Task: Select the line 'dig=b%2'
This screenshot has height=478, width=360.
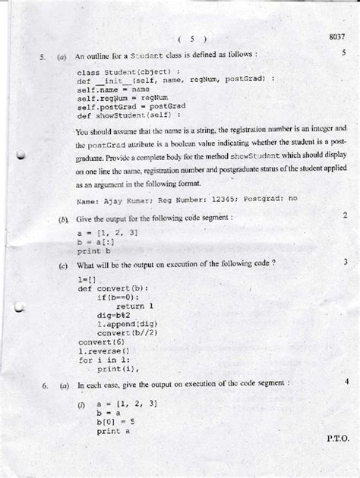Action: (x=114, y=313)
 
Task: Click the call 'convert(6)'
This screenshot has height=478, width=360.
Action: (x=96, y=342)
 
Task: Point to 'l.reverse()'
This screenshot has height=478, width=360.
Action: (x=104, y=351)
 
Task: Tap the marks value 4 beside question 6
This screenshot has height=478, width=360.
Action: (x=345, y=380)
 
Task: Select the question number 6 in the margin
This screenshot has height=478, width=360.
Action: (x=45, y=386)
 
